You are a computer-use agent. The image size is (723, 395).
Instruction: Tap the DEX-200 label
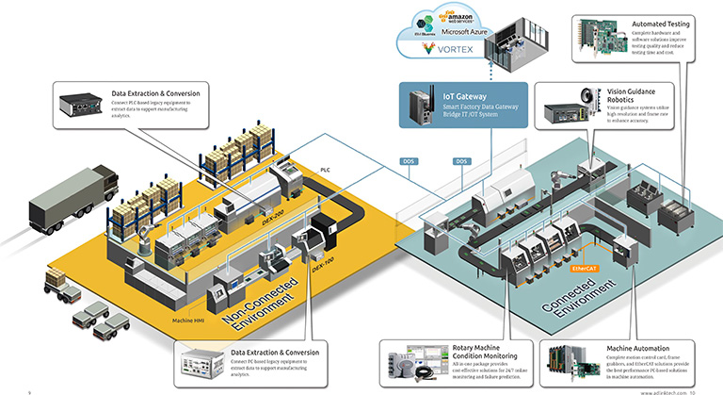274,218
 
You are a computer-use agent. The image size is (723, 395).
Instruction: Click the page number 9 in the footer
30,389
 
